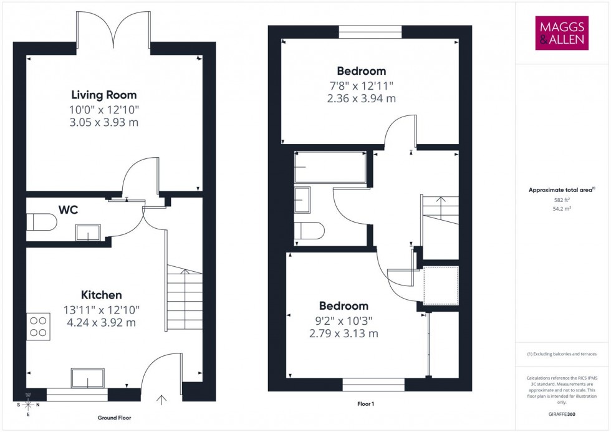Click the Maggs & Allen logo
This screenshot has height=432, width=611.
tap(562, 33)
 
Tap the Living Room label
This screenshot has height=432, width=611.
tap(103, 95)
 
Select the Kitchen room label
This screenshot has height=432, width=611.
tap(101, 295)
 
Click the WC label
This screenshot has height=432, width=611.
tap(68, 210)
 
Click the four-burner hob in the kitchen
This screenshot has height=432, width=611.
tap(38, 326)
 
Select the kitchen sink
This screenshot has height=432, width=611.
tap(88, 378)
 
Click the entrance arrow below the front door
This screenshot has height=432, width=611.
tap(163, 400)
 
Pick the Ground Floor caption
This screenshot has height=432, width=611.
tap(114, 418)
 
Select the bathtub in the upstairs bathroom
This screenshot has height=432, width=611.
tap(330, 168)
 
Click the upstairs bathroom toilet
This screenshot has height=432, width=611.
tap(309, 231)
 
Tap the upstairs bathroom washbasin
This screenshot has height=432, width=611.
tap(305, 199)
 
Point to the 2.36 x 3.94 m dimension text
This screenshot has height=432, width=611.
tap(361, 98)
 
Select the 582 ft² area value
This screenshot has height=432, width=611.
tap(562, 200)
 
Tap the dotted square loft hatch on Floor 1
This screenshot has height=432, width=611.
tap(441, 286)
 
